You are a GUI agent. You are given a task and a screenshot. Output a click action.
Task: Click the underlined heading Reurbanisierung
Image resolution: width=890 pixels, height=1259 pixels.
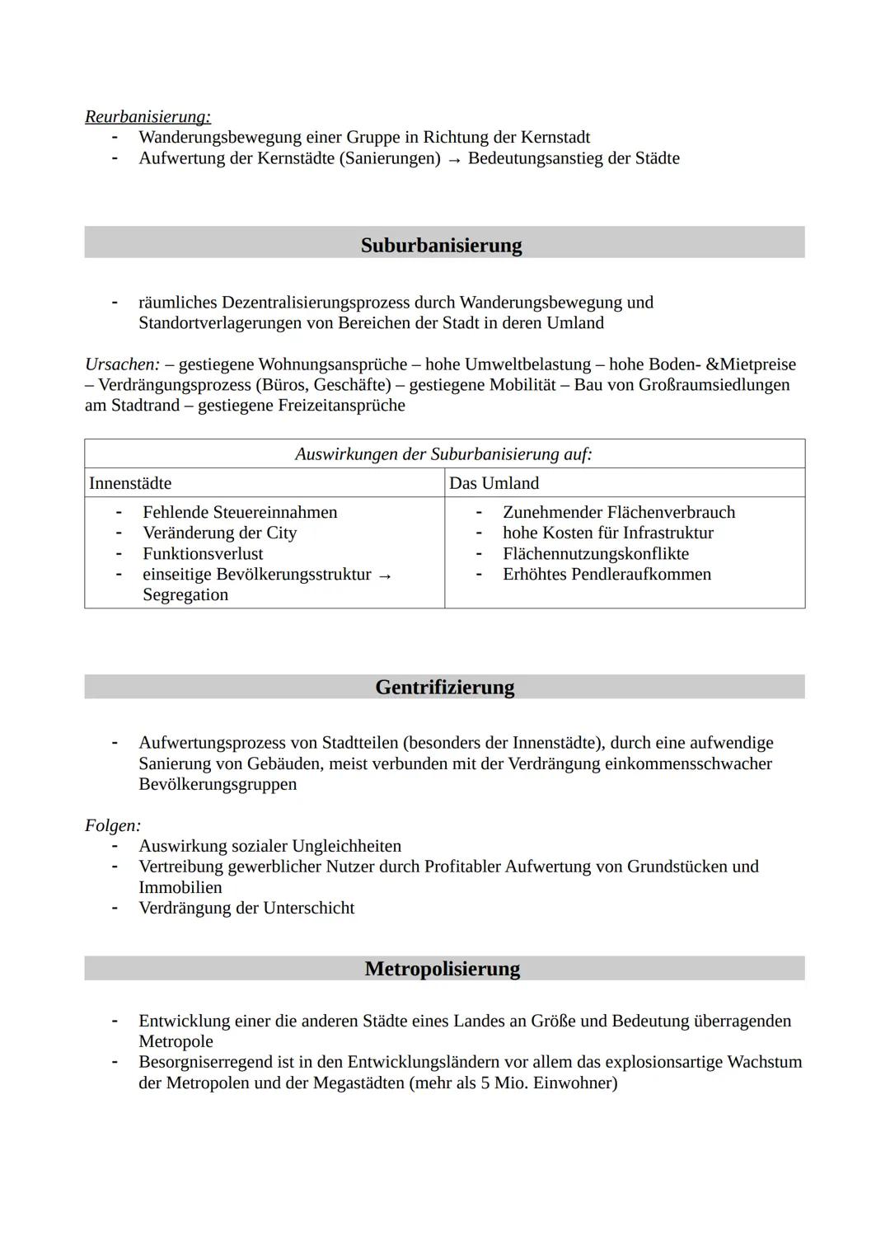pos(148,116)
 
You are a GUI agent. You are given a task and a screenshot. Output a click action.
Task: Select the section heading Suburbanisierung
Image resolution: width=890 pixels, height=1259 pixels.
pos(441,245)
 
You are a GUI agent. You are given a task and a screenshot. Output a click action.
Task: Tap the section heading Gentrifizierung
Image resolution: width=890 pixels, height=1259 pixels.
pos(444,687)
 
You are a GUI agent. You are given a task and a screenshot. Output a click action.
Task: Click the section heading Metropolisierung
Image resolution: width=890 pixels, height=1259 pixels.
pos(443,968)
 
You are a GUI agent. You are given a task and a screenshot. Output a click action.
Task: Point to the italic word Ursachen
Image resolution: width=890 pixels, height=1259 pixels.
pos(122,364)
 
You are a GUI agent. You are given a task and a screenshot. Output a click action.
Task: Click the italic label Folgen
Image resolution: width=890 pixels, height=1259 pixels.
pos(113,824)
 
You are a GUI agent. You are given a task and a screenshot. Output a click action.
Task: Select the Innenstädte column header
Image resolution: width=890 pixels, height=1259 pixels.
pos(130,483)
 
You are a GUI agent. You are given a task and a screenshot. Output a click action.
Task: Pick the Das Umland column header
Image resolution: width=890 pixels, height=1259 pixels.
pos(494,483)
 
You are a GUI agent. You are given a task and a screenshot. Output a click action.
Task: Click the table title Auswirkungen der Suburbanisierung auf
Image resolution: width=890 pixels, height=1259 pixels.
pos(443,454)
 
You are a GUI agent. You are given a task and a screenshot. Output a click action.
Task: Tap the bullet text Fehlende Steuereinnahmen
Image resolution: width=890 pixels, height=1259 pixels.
pos(240,512)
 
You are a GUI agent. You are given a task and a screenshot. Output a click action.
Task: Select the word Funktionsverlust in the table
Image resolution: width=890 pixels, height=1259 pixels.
pos(203,553)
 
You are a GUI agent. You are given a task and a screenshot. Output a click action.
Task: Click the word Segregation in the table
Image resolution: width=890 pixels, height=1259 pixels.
pos(185,594)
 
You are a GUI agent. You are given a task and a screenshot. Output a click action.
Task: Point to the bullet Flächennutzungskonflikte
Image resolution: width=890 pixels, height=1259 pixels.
pos(595,553)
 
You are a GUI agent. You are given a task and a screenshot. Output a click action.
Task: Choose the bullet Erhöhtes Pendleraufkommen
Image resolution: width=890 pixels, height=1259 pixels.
pos(607,574)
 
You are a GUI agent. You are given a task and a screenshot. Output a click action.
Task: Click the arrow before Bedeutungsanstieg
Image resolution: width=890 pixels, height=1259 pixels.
pos(454,159)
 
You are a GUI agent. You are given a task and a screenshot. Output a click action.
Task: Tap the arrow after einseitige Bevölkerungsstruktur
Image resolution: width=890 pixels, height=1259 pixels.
pos(384,575)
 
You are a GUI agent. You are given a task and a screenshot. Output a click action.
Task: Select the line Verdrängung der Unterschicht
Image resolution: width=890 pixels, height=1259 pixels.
pos(246,908)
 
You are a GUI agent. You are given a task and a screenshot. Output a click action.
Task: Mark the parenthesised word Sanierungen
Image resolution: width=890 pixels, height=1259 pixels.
pos(390,157)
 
